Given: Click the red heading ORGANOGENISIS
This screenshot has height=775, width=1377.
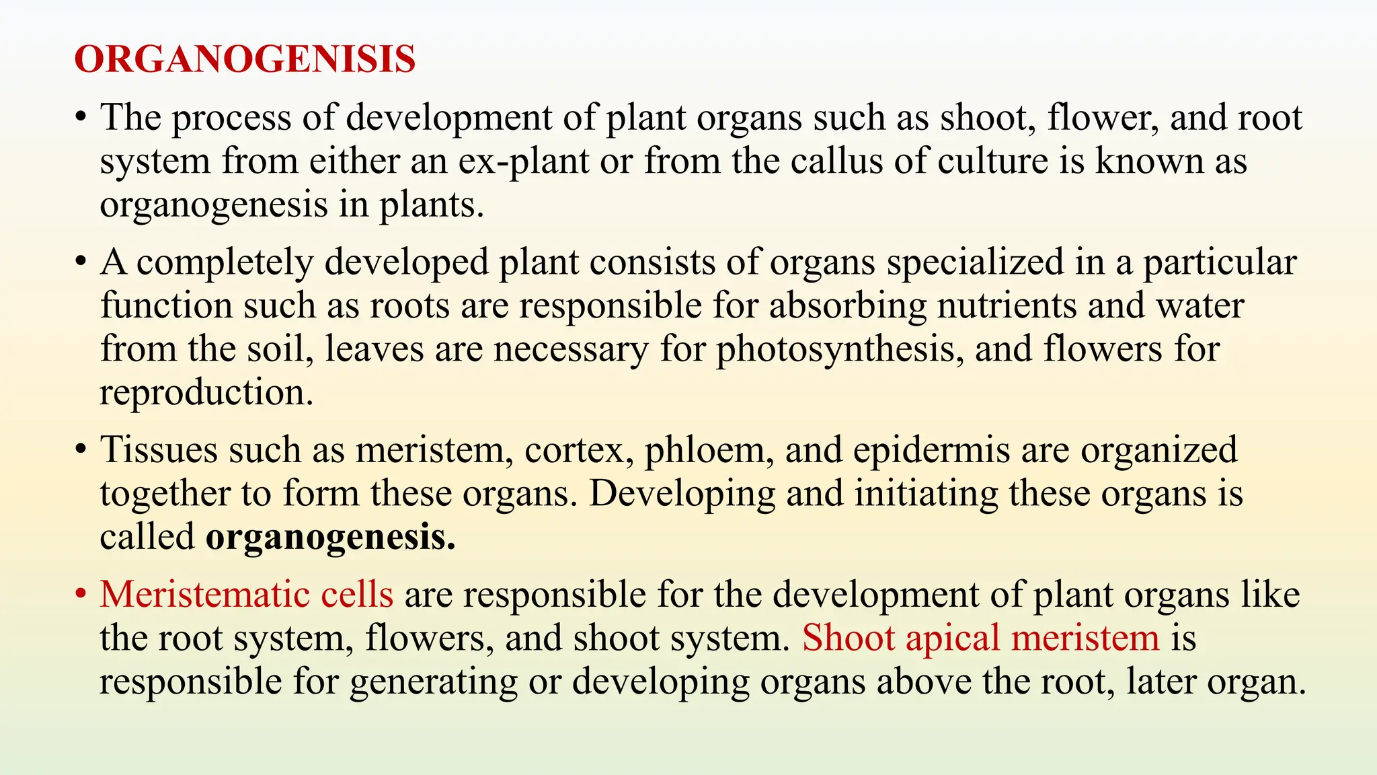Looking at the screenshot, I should coord(245,59).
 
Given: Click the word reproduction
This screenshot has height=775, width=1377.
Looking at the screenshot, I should coord(206,393).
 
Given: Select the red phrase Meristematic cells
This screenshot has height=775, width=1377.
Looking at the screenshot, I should coord(247,595).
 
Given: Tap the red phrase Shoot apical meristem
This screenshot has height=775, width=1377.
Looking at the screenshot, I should coord(981,638).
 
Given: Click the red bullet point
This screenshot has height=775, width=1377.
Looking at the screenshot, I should coord(81,595).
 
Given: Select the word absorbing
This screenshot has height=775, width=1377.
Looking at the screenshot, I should coord(847,306).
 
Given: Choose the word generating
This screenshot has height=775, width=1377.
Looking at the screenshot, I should coord(434,682).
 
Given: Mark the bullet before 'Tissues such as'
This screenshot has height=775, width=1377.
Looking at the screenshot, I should coord(81,450).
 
